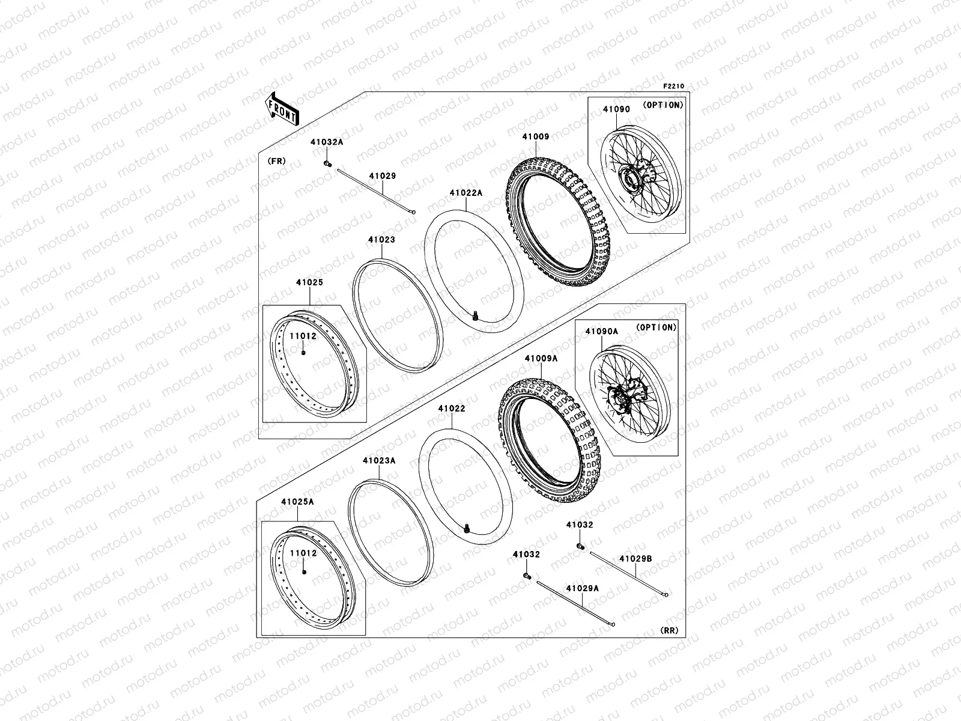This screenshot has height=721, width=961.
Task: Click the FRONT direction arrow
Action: (x=282, y=109)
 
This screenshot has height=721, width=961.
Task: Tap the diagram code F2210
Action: (x=673, y=87)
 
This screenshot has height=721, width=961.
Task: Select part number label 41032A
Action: (x=327, y=142)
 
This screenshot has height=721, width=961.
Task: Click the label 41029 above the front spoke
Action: (x=382, y=176)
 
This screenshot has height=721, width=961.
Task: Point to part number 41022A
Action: (x=466, y=193)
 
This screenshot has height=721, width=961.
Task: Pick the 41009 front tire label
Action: (x=535, y=136)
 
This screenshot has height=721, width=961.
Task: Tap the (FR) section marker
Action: (x=276, y=161)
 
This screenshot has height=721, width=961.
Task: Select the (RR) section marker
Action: (x=669, y=630)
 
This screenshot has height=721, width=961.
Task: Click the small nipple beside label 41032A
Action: (x=327, y=163)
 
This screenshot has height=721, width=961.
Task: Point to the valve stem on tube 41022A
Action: (x=476, y=315)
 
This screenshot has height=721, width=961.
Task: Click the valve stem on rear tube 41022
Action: (x=467, y=528)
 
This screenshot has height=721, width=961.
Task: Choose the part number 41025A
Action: (x=297, y=502)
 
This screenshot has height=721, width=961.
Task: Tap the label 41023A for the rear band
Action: (x=379, y=460)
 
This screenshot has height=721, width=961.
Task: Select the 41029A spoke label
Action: (x=582, y=589)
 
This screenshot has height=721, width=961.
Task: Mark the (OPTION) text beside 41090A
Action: (x=656, y=327)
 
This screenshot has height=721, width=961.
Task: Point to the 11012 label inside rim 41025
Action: (x=303, y=336)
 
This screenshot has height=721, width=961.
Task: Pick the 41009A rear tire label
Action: (x=541, y=359)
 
